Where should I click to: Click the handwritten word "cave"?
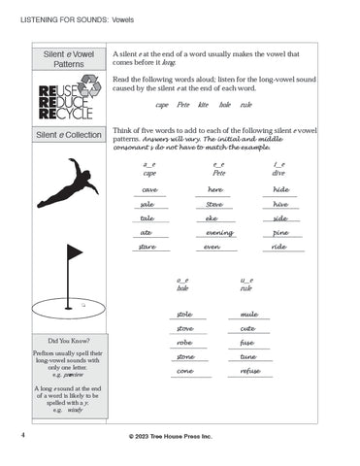click(x=150, y=189)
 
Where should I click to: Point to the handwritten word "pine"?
click(x=280, y=233)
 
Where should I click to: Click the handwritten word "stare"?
click(x=148, y=248)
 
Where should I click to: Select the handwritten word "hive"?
click(x=280, y=204)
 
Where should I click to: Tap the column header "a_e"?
click(x=148, y=166)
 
